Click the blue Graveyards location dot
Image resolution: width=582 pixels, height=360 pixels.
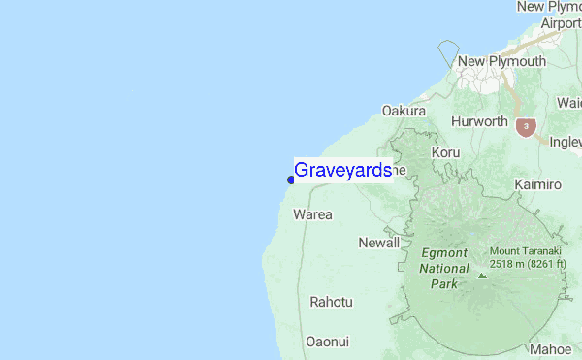(x=291, y=180)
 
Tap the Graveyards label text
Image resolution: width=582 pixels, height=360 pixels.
(x=342, y=171)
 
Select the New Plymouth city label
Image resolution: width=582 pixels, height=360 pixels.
(x=501, y=62)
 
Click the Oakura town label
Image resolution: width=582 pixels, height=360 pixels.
(x=404, y=112)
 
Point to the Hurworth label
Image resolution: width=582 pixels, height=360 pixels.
(x=479, y=122)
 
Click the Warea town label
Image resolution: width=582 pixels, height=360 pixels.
(x=312, y=214)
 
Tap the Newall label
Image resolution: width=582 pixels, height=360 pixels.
(x=378, y=243)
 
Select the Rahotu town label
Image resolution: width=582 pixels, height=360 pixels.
(x=331, y=303)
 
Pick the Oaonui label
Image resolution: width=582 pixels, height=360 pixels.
(x=327, y=342)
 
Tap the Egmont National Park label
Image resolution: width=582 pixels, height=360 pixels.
(x=444, y=268)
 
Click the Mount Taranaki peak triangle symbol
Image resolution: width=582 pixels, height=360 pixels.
(x=481, y=276)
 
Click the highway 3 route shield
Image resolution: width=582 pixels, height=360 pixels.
(x=525, y=126)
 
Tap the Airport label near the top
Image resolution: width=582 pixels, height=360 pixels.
(x=561, y=23)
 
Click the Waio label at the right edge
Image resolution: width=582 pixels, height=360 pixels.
(x=568, y=103)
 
